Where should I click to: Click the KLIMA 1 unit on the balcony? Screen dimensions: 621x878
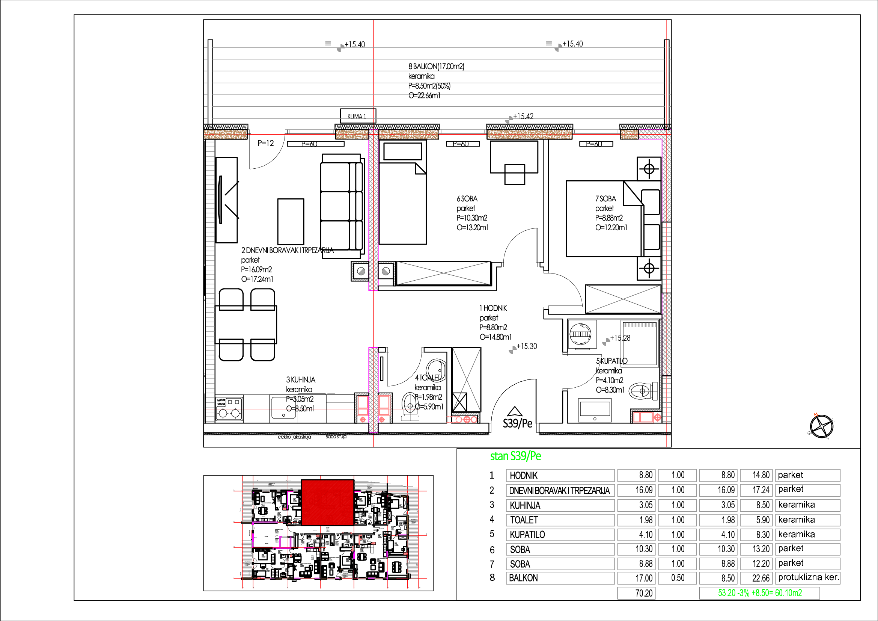coord(358,116)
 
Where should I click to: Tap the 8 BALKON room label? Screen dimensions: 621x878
coord(436,66)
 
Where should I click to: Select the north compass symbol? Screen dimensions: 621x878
coord(821,426)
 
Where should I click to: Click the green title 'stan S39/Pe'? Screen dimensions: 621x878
coord(515,456)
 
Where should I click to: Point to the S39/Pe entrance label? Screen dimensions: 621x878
coord(517,423)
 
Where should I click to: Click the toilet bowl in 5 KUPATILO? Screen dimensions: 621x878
coord(642,391)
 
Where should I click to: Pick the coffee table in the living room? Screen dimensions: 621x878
coord(291,221)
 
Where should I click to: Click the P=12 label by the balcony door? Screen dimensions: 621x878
coord(265,144)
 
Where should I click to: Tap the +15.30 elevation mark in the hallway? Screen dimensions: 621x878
coord(527,346)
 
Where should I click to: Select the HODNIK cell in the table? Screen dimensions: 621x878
coord(560,476)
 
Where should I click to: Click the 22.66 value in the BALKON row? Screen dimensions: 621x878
coord(756,578)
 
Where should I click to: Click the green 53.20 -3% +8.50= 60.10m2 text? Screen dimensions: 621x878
coord(759,593)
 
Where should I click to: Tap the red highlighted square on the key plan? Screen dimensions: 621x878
coord(327,502)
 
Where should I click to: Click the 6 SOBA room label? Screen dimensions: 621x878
coord(467,199)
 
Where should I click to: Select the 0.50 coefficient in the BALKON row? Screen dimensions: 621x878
coord(678,578)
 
